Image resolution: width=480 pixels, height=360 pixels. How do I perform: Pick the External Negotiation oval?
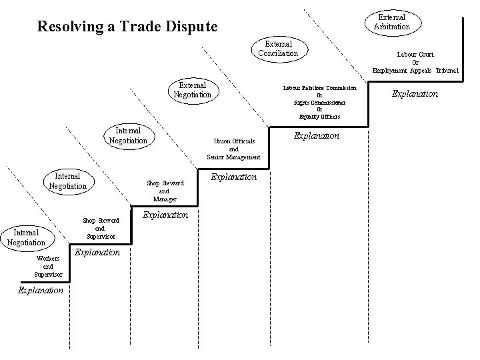[192, 90]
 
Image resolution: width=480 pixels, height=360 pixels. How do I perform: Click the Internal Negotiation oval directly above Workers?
[26, 237]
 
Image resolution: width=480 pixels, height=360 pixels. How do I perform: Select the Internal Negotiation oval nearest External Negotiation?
[128, 136]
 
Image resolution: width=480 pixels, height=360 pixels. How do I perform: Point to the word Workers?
[49, 258]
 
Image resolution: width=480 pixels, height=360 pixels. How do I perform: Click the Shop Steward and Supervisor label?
[101, 228]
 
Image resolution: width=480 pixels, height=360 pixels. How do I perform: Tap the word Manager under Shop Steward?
[165, 199]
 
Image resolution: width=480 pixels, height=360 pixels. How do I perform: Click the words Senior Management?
[233, 157]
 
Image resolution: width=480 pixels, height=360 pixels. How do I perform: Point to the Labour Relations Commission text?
[319, 87]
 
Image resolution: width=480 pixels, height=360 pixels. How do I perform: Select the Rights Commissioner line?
[319, 102]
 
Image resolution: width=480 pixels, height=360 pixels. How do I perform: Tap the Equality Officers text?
[319, 117]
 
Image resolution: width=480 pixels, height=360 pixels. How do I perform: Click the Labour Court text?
[415, 54]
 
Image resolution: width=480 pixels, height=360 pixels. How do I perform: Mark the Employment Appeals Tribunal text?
[415, 70]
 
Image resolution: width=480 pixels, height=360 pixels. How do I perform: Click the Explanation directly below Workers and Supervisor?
[41, 291]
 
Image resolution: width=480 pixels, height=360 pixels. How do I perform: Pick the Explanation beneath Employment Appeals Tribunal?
[415, 94]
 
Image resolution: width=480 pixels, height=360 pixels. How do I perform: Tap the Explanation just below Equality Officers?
[317, 135]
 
